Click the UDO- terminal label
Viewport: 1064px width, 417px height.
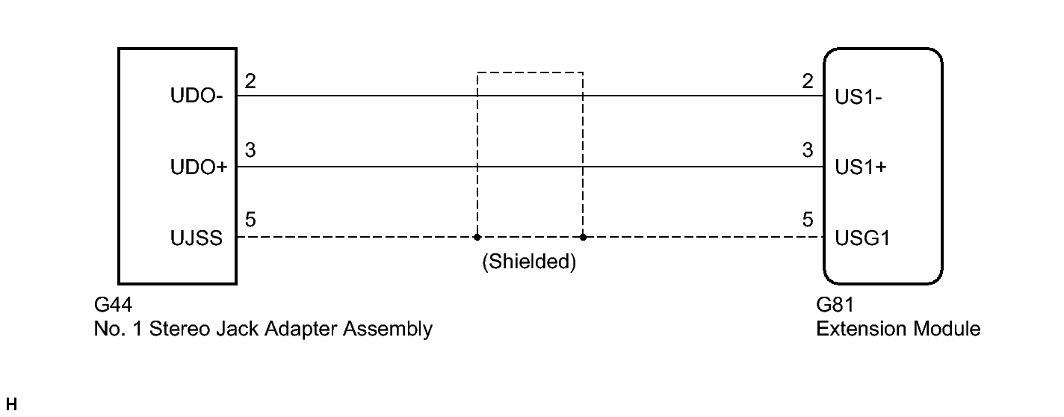click(x=197, y=97)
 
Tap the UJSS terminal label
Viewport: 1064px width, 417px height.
click(x=197, y=239)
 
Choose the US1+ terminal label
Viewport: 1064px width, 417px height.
click(x=861, y=168)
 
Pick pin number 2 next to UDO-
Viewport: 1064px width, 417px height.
click(x=250, y=81)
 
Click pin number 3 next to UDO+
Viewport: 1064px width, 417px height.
click(x=250, y=152)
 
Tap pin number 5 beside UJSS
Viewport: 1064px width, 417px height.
click(x=250, y=222)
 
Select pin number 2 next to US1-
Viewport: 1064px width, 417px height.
click(x=807, y=81)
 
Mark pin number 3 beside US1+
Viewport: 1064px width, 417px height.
click(x=807, y=152)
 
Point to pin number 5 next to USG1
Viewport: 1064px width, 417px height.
click(x=807, y=222)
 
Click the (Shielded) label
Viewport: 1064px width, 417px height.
click(x=529, y=263)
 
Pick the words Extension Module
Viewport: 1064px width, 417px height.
click(x=898, y=328)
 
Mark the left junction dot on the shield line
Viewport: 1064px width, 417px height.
click(x=477, y=238)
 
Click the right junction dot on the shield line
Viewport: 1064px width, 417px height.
click(x=583, y=238)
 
